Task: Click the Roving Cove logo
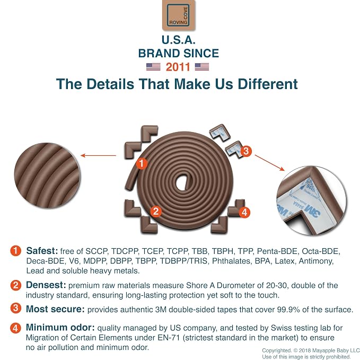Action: (x=179, y=15)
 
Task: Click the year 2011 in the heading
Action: (x=178, y=67)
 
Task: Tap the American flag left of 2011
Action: (x=153, y=67)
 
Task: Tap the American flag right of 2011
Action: (x=202, y=67)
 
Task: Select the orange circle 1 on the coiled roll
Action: (x=142, y=163)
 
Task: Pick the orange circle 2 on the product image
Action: (x=156, y=211)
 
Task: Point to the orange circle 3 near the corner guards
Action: (x=246, y=151)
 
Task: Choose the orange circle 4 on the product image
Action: (x=244, y=212)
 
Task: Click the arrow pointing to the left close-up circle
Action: (x=99, y=155)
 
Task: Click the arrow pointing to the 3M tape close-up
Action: (x=270, y=163)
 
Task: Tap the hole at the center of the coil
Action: (x=183, y=182)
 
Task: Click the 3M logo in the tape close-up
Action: (x=310, y=211)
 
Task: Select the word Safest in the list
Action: (x=42, y=251)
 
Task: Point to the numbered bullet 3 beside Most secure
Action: (x=15, y=308)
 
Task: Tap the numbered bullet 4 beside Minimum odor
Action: (x=15, y=328)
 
